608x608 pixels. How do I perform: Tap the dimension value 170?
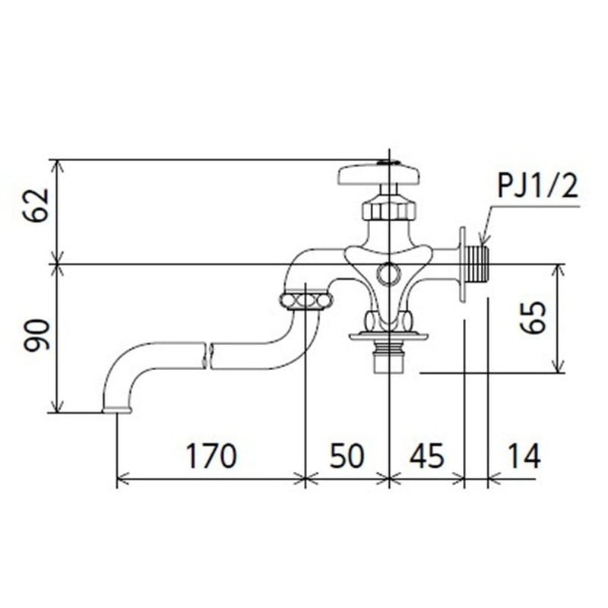(211, 456)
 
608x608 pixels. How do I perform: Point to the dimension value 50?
(347, 456)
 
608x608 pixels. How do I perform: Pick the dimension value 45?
(426, 456)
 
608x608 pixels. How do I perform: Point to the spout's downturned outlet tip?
(116, 409)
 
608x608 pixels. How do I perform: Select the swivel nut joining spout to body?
(306, 300)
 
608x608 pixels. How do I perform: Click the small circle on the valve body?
(388, 272)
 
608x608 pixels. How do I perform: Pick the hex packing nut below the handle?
(388, 207)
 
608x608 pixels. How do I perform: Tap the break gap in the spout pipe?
(209, 355)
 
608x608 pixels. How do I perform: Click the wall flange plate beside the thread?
(461, 264)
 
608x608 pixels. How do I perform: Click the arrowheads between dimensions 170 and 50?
(305, 479)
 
